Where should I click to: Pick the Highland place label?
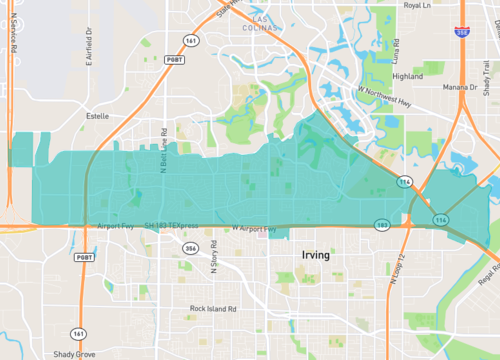tap(408, 76)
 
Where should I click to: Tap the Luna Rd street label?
tap(396, 50)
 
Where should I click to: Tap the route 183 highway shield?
tap(381, 225)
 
